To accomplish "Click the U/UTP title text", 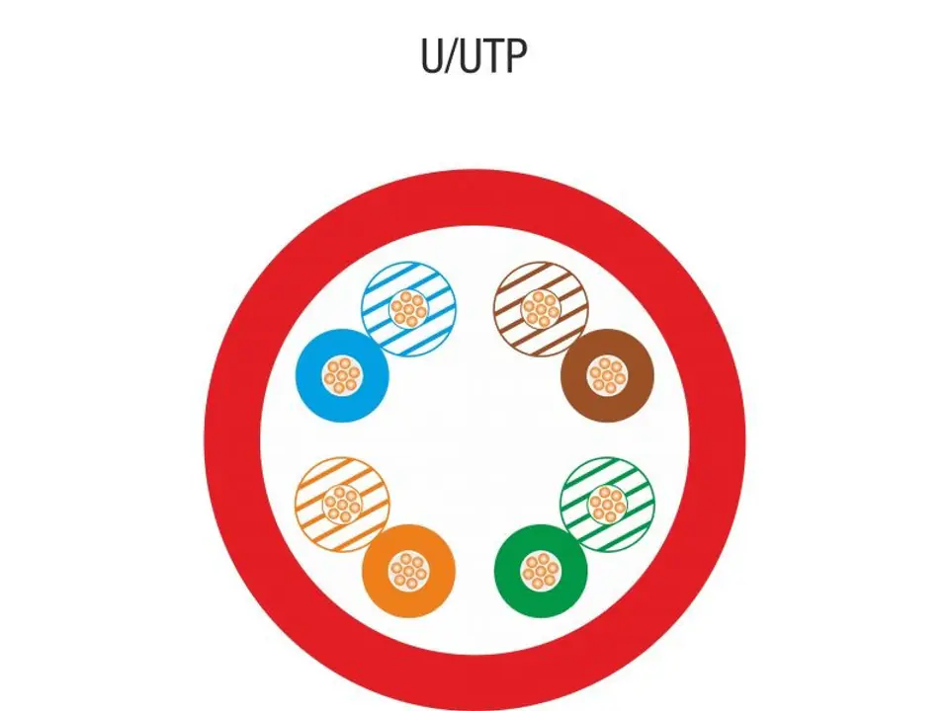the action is [474, 56].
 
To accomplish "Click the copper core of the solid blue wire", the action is [342, 375].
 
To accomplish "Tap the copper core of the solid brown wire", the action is [608, 375].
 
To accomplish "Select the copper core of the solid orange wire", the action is [408, 571].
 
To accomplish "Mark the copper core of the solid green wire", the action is [541, 571].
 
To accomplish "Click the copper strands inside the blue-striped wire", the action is [409, 309].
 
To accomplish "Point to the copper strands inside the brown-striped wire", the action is [541, 309].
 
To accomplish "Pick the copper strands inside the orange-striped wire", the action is [342, 505].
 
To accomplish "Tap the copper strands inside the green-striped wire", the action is [608, 505].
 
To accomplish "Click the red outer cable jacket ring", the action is [232, 441].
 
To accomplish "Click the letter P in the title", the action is [515, 56].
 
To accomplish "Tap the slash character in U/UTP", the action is [452, 56].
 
